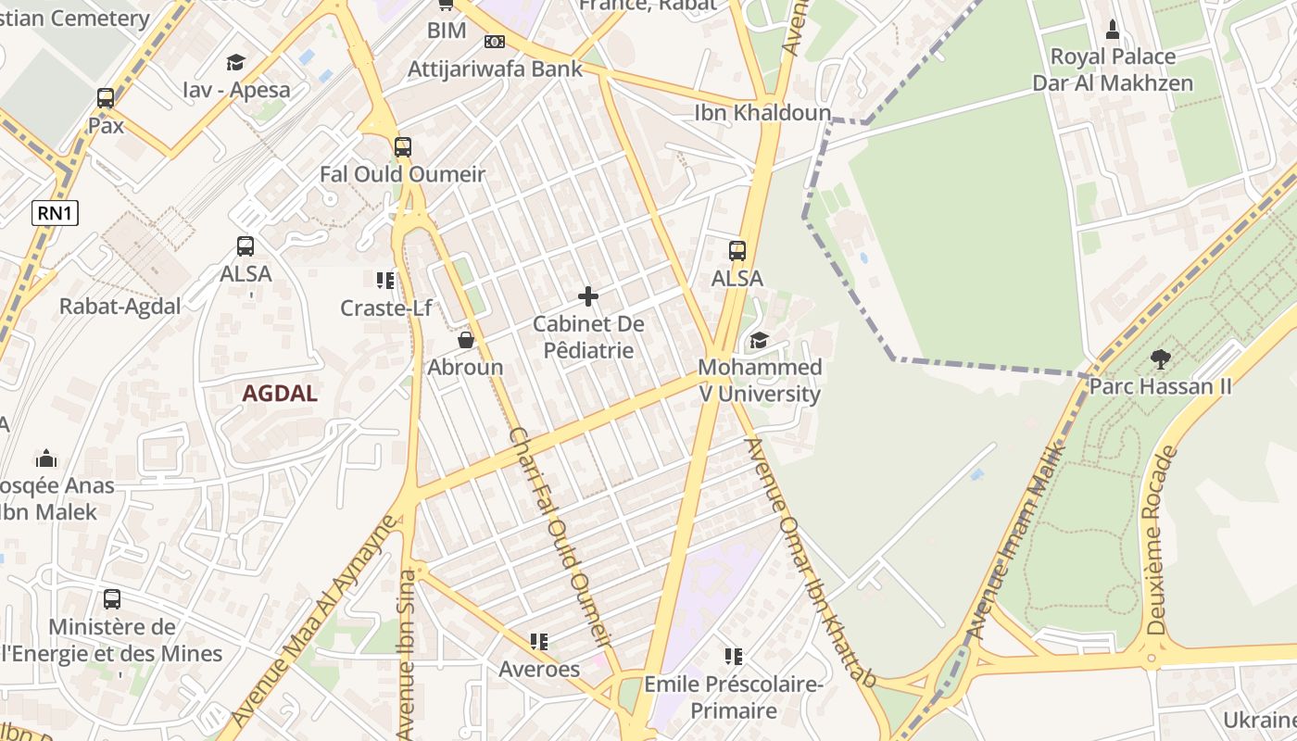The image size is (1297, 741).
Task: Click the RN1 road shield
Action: tap(56, 214)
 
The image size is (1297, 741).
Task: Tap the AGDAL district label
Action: tap(280, 394)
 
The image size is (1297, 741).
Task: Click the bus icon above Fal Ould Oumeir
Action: tap(402, 147)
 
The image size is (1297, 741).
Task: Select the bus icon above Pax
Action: tap(106, 98)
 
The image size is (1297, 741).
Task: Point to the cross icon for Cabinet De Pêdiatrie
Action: tap(587, 296)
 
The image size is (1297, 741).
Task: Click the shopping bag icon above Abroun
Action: tap(466, 340)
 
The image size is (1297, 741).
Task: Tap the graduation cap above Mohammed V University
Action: tap(759, 340)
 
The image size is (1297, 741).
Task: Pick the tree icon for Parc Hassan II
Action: tap(1160, 358)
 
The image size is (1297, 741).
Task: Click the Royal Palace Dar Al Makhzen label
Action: tap(1113, 69)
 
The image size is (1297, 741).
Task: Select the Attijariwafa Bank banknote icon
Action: tap(495, 42)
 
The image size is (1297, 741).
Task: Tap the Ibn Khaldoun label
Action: tap(748, 112)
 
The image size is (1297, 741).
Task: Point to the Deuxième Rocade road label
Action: tap(1163, 540)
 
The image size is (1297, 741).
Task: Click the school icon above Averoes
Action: tap(538, 641)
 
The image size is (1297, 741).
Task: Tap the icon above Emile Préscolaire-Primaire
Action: tap(734, 657)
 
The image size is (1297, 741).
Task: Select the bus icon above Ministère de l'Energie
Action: tap(112, 599)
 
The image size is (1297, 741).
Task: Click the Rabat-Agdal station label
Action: tap(120, 307)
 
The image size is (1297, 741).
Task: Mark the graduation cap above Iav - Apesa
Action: tap(235, 62)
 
